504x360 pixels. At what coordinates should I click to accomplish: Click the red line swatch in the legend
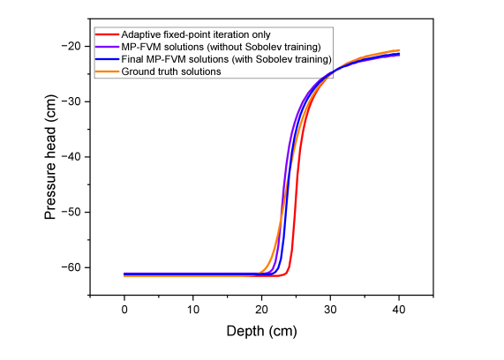pyautogui.click(x=107, y=34)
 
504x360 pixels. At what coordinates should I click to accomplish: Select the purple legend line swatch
pyautogui.click(x=107, y=47)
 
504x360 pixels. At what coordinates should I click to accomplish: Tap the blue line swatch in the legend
pyautogui.click(x=107, y=59)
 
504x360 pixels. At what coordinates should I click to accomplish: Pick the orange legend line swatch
pyautogui.click(x=107, y=71)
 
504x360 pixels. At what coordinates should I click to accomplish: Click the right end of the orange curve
pyautogui.click(x=399, y=50)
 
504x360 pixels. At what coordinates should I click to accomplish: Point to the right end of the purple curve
pyautogui.click(x=399, y=55)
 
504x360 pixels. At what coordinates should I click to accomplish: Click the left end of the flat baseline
pyautogui.click(x=124, y=274)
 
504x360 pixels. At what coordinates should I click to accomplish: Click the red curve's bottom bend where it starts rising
pyautogui.click(x=288, y=274)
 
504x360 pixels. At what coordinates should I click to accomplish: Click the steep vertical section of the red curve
pyautogui.click(x=295, y=212)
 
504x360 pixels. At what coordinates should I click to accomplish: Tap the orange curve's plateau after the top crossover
pyautogui.click(x=371, y=56)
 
